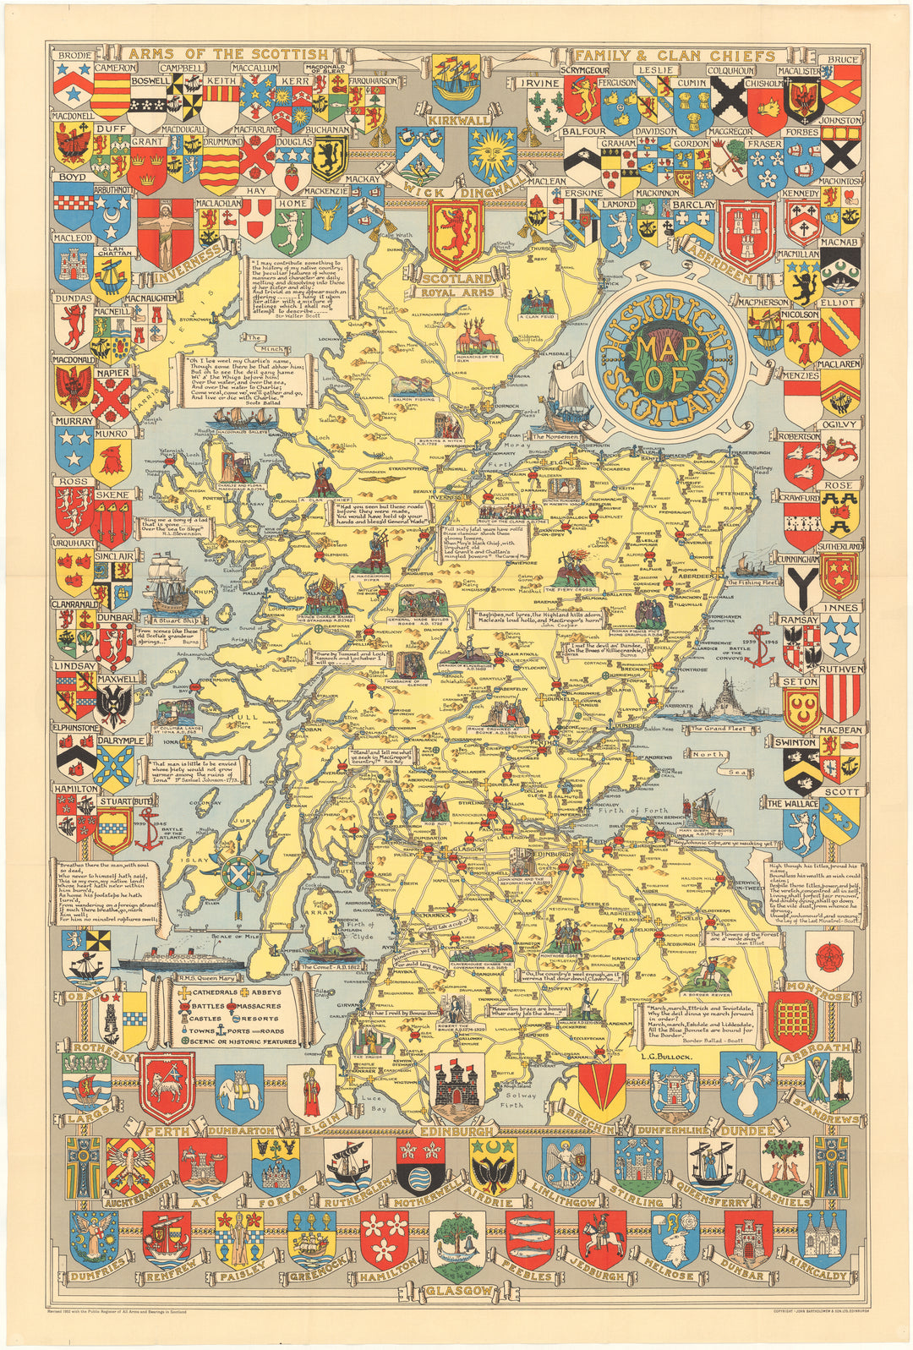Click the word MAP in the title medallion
[x=661, y=349]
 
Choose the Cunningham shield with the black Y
[x=800, y=582]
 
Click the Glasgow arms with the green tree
[x=456, y=1244]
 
